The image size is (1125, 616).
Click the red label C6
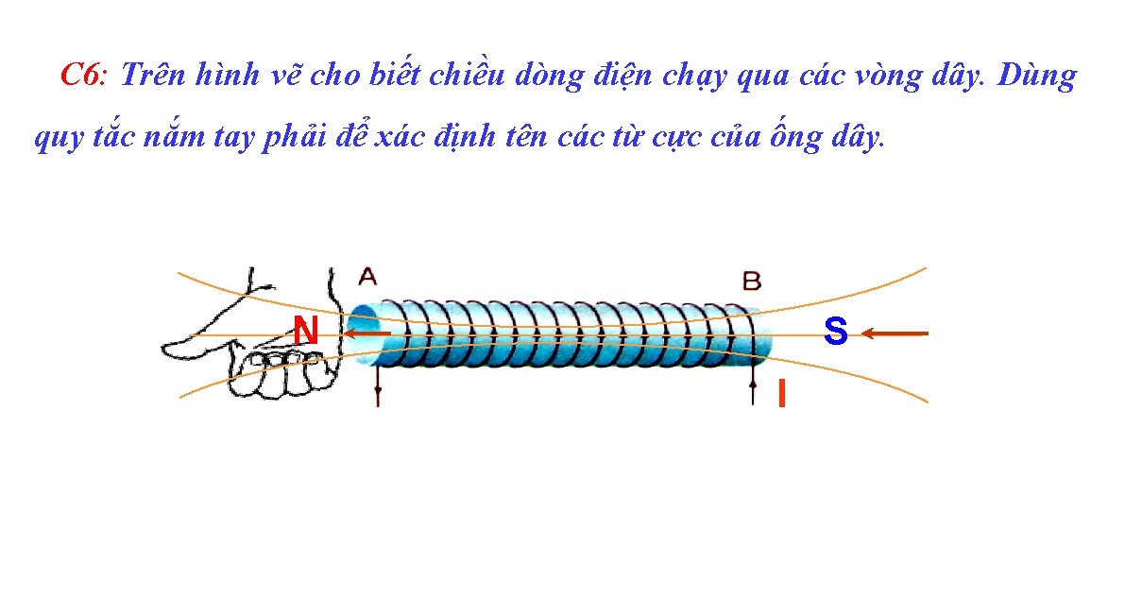[85, 76]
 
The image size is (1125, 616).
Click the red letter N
[304, 331]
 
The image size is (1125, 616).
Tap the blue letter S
[835, 331]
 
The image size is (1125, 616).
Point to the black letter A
[367, 277]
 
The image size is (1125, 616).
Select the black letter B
[752, 281]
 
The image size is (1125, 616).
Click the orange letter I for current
[781, 393]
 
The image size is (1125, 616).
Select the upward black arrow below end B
[753, 389]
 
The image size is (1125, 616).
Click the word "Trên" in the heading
[154, 76]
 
